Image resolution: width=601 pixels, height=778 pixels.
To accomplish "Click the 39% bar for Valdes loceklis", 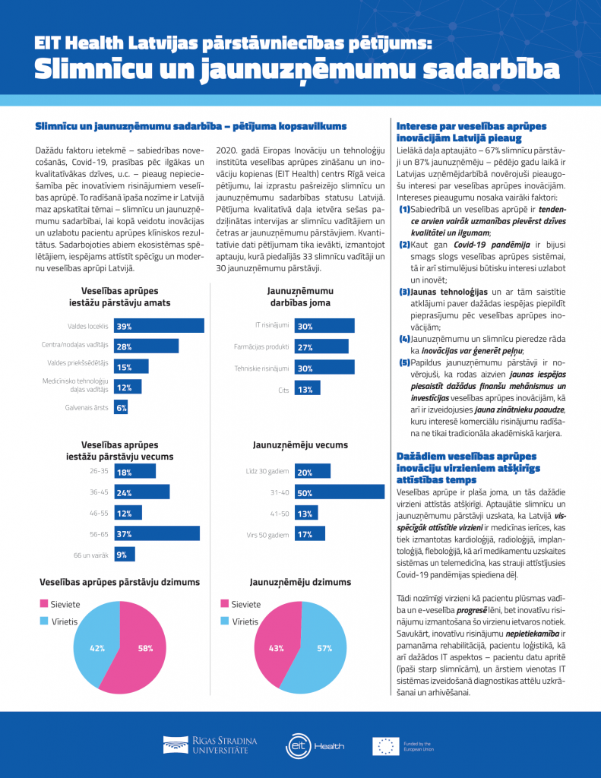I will pyautogui.click(x=159, y=326).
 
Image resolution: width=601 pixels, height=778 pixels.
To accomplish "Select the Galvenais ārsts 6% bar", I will pyautogui.click(x=121, y=408).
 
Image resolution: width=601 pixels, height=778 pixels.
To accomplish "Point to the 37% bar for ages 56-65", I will pyautogui.click(x=157, y=533).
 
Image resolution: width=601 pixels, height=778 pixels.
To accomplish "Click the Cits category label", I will pyautogui.click(x=283, y=390).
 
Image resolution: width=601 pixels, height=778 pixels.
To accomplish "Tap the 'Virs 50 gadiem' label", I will pyautogui.click(x=267, y=535).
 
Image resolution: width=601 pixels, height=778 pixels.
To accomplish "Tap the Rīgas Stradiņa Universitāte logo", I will pyautogui.click(x=210, y=745).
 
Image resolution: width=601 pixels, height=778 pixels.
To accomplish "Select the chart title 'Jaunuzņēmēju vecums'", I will pyautogui.click(x=300, y=445).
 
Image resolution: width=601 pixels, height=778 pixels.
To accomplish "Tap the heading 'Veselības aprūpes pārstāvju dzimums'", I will pyautogui.click(x=119, y=582).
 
